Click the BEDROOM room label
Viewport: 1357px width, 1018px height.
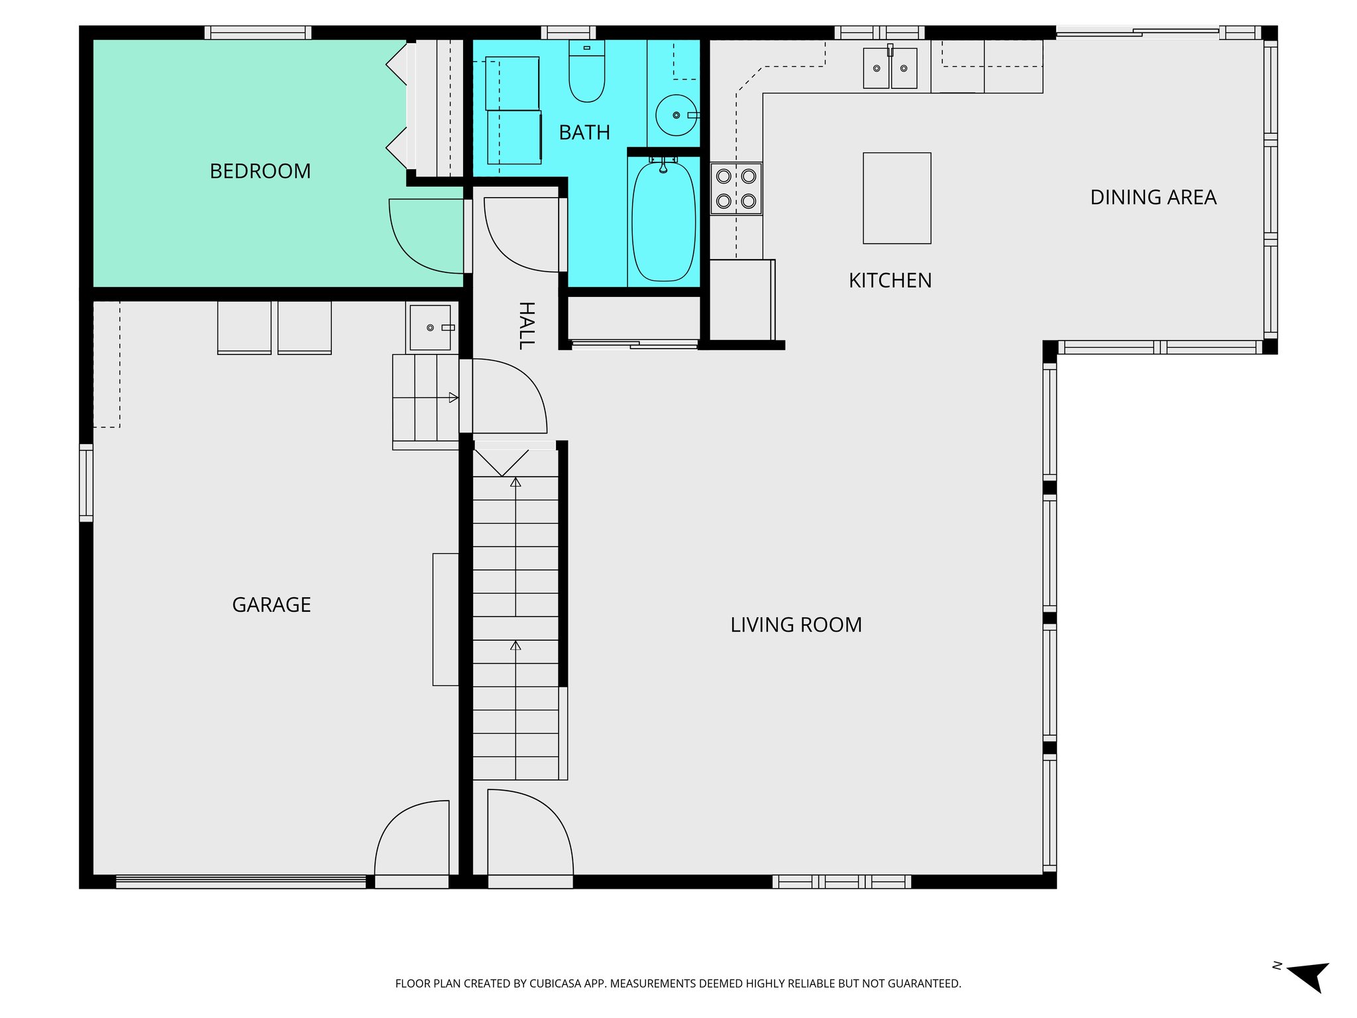[x=260, y=171]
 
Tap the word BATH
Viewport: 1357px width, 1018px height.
[x=584, y=133]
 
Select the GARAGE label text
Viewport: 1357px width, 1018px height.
[x=271, y=604]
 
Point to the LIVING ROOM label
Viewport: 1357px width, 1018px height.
[x=796, y=624]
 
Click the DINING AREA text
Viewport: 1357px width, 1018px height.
[x=1153, y=198]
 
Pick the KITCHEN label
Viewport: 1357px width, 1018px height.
[x=890, y=280]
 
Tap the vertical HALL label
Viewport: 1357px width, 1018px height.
[x=526, y=325]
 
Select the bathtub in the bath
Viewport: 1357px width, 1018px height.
[x=663, y=221]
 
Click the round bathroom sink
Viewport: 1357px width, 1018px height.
[x=675, y=115]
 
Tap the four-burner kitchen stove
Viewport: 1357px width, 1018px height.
[x=735, y=188]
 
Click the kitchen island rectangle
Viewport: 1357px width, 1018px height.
[x=896, y=198]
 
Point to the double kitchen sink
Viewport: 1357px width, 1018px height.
[x=890, y=68]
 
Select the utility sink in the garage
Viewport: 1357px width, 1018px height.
[x=430, y=327]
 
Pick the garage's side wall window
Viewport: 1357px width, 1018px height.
[x=86, y=482]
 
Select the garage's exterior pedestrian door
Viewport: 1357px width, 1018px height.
[x=411, y=842]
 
